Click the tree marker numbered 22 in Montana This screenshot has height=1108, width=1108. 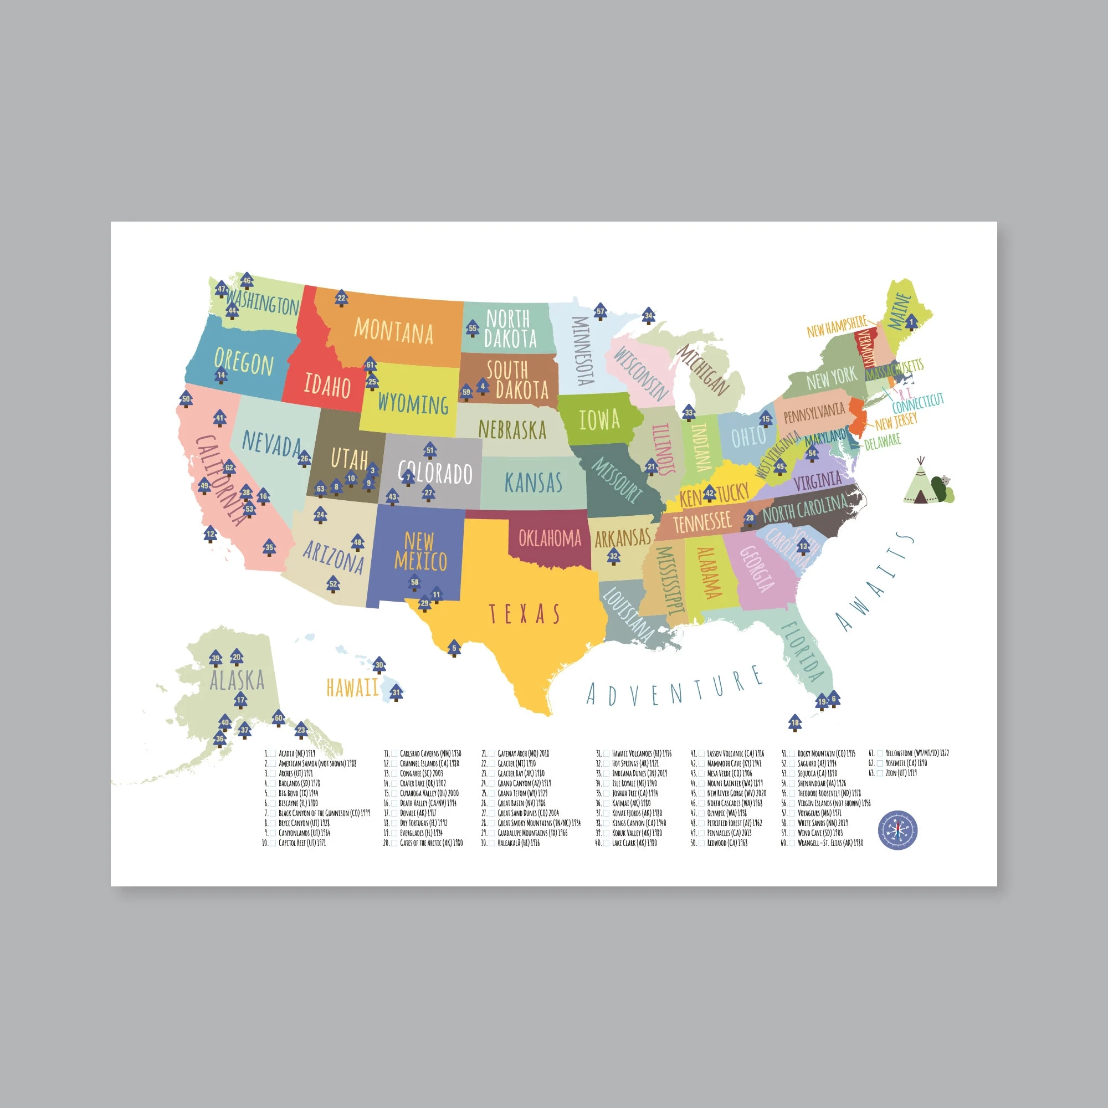click(x=341, y=298)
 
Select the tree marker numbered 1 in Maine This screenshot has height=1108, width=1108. click(x=911, y=323)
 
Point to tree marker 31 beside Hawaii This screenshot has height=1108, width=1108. click(x=396, y=693)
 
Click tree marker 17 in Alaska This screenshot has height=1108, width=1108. click(x=241, y=700)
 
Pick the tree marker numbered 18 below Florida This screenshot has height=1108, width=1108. click(x=794, y=722)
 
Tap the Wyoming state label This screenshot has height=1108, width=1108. click(x=413, y=404)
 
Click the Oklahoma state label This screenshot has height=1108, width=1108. click(x=550, y=538)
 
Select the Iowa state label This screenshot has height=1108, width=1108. click(x=599, y=420)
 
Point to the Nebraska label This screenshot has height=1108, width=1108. click(x=512, y=429)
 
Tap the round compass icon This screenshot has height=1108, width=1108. click(x=897, y=831)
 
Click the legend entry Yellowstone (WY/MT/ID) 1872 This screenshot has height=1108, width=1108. click(x=917, y=753)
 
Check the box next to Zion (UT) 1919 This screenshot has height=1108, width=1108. click(x=880, y=773)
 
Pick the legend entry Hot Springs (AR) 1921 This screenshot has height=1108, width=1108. click(x=635, y=763)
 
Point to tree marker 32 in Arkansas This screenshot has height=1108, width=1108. click(x=614, y=556)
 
